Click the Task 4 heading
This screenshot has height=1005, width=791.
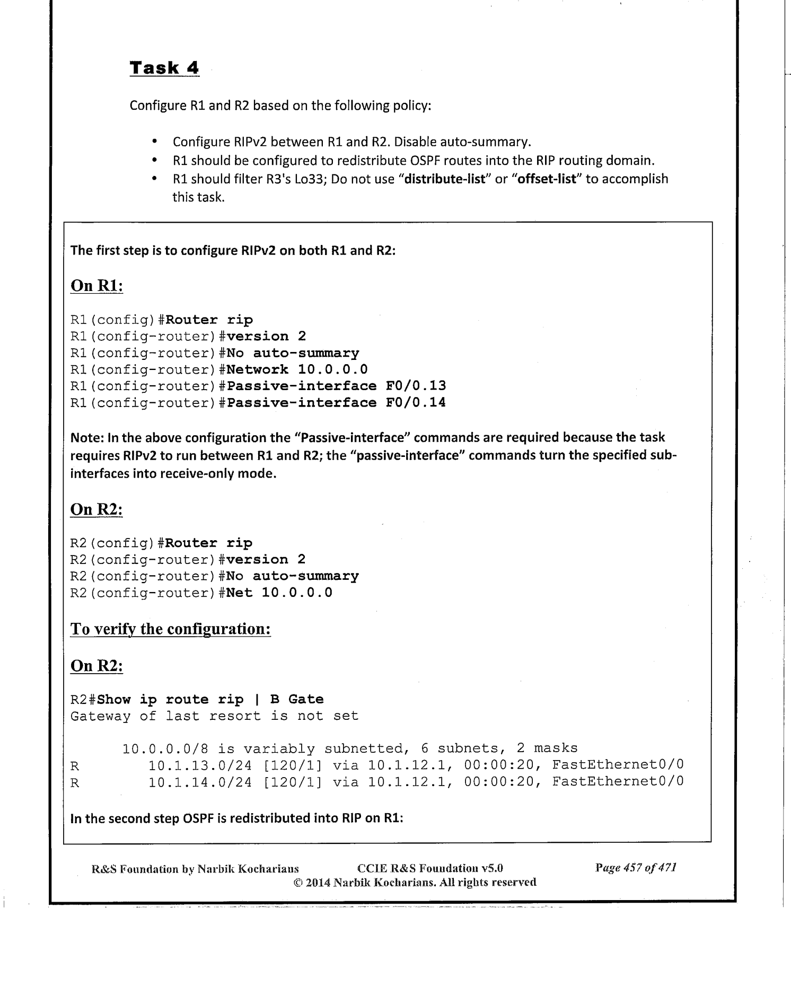(164, 68)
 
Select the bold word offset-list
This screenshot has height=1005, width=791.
(549, 179)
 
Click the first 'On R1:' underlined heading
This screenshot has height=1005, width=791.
(96, 286)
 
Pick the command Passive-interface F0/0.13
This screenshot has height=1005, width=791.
(336, 386)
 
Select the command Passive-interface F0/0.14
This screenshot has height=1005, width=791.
(336, 403)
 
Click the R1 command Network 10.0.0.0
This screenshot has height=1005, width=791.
(297, 369)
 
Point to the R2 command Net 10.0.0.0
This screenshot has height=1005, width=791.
(279, 593)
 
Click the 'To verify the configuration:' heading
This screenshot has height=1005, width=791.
(170, 629)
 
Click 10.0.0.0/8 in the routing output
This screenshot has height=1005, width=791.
(165, 748)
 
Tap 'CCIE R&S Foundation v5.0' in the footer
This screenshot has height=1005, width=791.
(430, 868)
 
